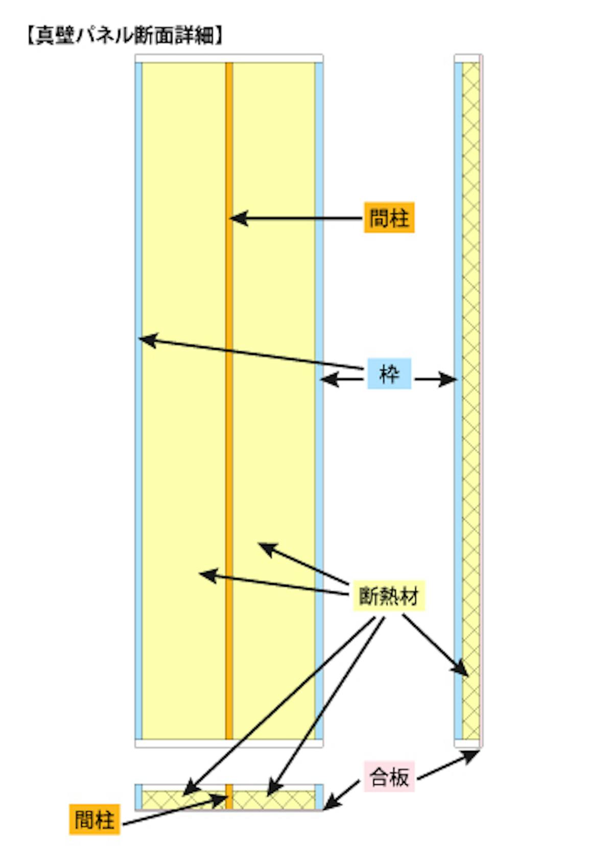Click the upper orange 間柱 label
[x=389, y=218]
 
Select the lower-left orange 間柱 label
[x=95, y=820]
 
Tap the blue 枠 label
[x=389, y=374]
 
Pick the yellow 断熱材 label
[x=389, y=595]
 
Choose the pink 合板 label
[x=389, y=777]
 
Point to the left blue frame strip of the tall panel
[x=138, y=460]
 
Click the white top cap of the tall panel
[x=229, y=58]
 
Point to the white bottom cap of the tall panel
[x=229, y=743]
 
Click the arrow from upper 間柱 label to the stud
[x=296, y=219]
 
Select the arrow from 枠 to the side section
[x=434, y=379]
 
